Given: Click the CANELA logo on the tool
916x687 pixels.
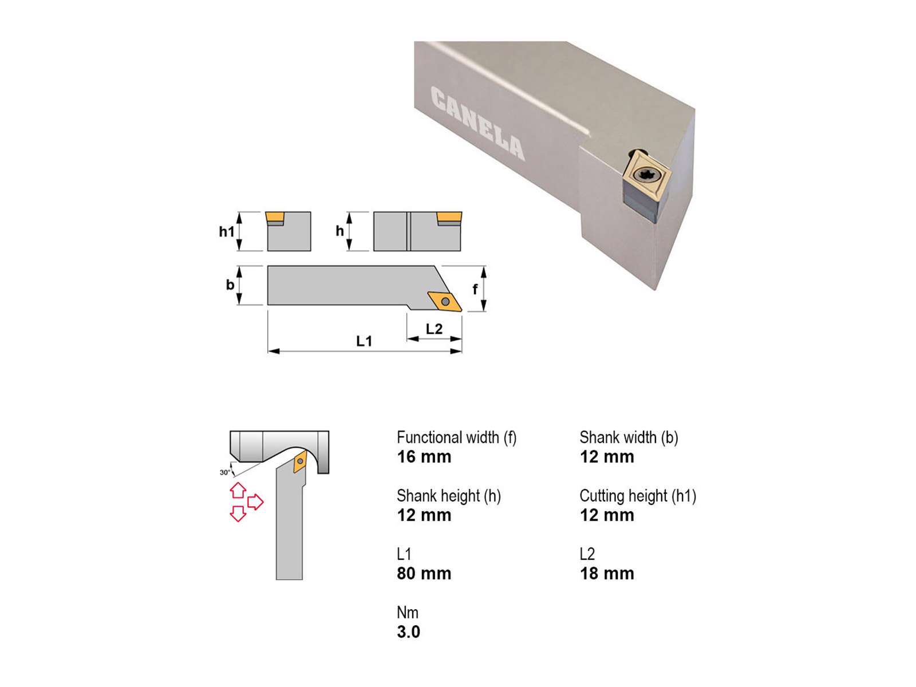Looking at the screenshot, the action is tap(477, 123).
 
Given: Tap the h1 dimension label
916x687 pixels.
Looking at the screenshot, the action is tap(227, 231).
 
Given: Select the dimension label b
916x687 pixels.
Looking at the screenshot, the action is tap(230, 285).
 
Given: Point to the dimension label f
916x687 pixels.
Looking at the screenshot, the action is tap(475, 289).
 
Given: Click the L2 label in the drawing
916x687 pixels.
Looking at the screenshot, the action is tap(434, 329).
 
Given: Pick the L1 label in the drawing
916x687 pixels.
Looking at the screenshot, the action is tap(364, 341).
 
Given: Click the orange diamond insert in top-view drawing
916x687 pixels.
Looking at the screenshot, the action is tap(445, 302).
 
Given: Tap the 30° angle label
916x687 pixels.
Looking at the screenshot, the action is tap(225, 473).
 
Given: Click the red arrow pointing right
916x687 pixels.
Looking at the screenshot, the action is tap(255, 502).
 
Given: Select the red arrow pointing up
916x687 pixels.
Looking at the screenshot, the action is tap(238, 490).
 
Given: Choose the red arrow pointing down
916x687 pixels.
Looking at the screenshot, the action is tap(238, 514).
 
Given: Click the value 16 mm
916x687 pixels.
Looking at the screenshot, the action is tap(424, 457).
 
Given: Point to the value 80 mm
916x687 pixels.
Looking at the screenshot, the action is tap(424, 574).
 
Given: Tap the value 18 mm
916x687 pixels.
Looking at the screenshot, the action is tap(607, 574).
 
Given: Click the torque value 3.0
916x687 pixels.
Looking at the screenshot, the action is tap(409, 633).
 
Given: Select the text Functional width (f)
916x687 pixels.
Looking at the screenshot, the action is tap(456, 438).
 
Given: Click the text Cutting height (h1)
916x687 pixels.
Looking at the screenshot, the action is tap(638, 496).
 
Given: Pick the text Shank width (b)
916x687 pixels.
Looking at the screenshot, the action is tap(629, 438).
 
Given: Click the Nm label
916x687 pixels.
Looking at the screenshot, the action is tap(407, 613).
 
